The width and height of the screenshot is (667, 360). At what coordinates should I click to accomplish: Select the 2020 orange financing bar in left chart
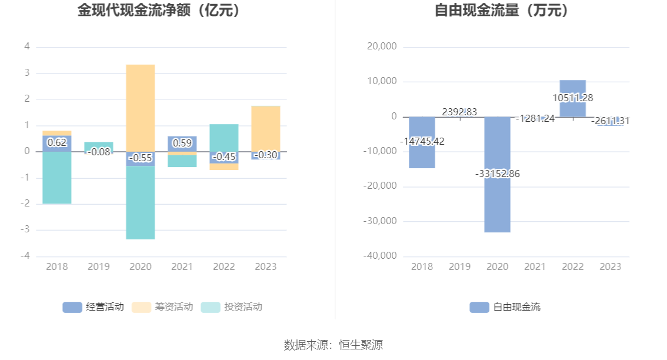pyautogui.click(x=141, y=106)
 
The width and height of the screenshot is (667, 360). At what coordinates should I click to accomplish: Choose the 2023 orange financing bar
pyautogui.click(x=266, y=128)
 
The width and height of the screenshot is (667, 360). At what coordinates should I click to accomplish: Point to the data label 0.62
pyautogui.click(x=57, y=142)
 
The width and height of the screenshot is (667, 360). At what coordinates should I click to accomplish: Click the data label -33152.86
pyautogui.click(x=498, y=174)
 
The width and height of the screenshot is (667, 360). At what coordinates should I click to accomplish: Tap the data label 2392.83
pyautogui.click(x=460, y=112)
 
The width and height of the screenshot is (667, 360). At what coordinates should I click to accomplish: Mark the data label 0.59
pyautogui.click(x=182, y=142)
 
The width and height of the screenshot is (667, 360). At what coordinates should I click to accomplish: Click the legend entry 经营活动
pyautogui.click(x=94, y=306)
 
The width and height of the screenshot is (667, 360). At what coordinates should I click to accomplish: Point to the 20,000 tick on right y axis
pyautogui.click(x=382, y=46)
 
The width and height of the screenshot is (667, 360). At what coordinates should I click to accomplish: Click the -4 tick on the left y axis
pyautogui.click(x=27, y=256)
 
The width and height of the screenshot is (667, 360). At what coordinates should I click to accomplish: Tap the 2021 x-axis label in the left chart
pyautogui.click(x=182, y=266)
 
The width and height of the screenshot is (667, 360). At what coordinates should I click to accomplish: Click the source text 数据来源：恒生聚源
pyautogui.click(x=333, y=345)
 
